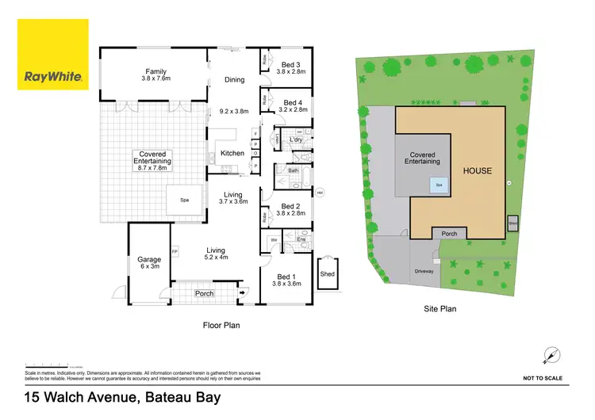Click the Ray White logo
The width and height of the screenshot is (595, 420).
pyautogui.click(x=52, y=55)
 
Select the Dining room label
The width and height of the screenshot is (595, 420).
pyautogui.click(x=234, y=79)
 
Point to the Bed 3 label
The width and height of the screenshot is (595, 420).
pyautogui.click(x=291, y=64)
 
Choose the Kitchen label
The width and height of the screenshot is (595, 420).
pyautogui.click(x=232, y=153)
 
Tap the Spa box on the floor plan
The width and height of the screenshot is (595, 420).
pyautogui.click(x=184, y=200)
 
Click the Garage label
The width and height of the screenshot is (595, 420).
pyautogui.click(x=149, y=259)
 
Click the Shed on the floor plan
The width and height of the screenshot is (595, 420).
pyautogui.click(x=327, y=274)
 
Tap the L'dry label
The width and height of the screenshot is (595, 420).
pyautogui.click(x=297, y=139)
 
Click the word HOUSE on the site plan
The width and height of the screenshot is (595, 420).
pyautogui.click(x=478, y=170)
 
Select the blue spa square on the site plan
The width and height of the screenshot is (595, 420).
pyautogui.click(x=438, y=185)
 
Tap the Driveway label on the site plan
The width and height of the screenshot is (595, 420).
pyautogui.click(x=424, y=271)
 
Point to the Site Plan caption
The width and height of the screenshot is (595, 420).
pyautogui.click(x=440, y=309)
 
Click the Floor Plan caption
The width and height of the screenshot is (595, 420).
pyautogui.click(x=222, y=325)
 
